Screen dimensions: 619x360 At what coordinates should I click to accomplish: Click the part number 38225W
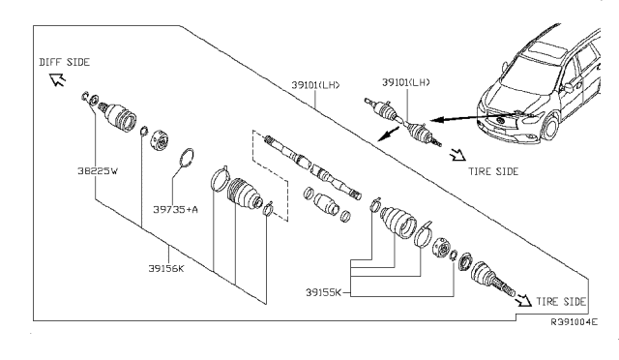pos(98,171)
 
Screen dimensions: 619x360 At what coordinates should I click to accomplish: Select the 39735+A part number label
pos(176,209)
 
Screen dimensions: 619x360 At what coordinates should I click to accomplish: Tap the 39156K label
pos(166,269)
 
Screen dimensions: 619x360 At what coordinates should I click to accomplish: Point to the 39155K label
pos(323,292)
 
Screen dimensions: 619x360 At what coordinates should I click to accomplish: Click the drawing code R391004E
pos(575,322)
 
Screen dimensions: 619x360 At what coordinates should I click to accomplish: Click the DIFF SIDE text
pos(65,62)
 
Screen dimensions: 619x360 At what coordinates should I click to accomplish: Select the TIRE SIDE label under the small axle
pos(493,171)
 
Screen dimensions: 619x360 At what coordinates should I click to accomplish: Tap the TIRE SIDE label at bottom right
pos(561,302)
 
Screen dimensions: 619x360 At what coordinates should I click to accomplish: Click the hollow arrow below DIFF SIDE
pos(57,79)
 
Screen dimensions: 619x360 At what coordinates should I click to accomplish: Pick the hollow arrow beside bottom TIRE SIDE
pos(524,301)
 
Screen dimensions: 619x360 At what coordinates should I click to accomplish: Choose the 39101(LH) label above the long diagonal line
pos(315,85)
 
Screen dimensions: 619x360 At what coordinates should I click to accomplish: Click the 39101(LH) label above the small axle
pos(406,82)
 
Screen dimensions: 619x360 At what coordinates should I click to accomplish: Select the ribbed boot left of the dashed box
pos(245,194)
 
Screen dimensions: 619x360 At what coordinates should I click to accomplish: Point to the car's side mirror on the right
pos(568,88)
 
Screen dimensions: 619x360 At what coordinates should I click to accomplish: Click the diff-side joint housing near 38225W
pos(120,116)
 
